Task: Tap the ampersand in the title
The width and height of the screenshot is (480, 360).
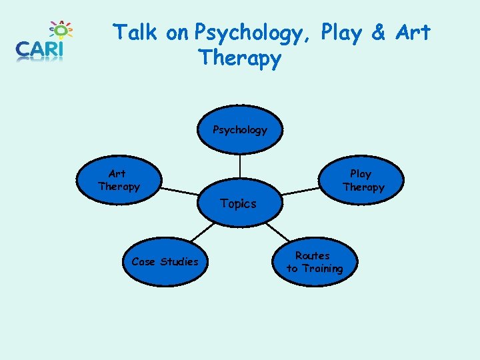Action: (379, 32)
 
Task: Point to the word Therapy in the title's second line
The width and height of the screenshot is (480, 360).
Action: (240, 59)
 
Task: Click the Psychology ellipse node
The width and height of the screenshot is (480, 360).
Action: (239, 130)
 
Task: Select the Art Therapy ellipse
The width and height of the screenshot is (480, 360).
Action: (119, 180)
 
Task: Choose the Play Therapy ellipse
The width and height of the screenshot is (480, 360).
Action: (362, 180)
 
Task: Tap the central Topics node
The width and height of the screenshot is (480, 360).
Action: (239, 203)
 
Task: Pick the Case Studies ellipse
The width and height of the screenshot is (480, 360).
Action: (165, 262)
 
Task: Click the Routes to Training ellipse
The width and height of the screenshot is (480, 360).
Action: (314, 262)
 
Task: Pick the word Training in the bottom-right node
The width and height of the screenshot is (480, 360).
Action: (322, 269)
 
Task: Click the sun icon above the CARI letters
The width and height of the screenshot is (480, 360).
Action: (61, 30)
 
